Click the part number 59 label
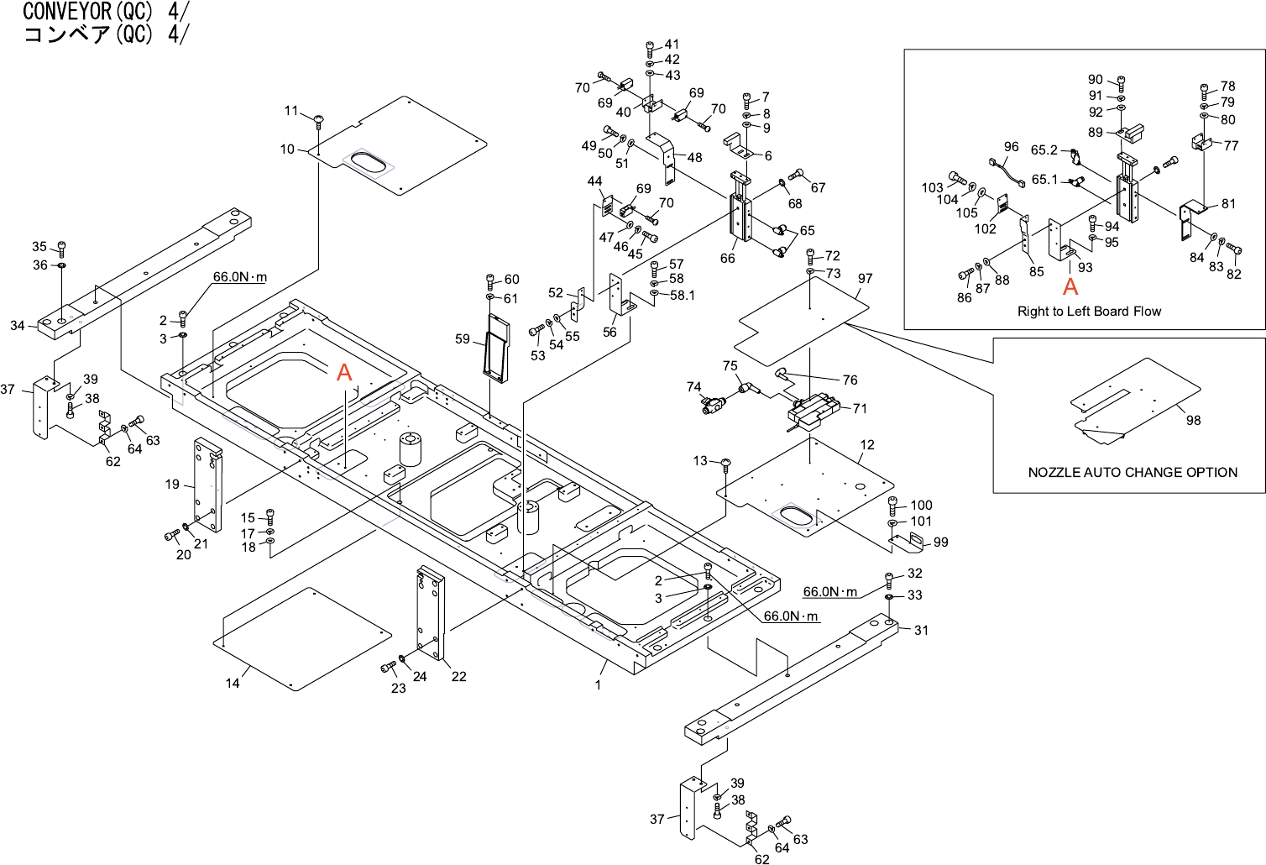click(x=463, y=339)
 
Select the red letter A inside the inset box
click(x=1070, y=287)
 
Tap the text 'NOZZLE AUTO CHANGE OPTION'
click(x=1133, y=473)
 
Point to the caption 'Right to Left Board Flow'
click(x=1089, y=312)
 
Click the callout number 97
click(x=866, y=279)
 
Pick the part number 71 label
click(x=860, y=409)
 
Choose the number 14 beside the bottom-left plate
click(x=233, y=684)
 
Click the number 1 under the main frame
click(x=599, y=685)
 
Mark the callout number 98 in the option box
click(x=1194, y=421)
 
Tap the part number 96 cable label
click(x=1012, y=147)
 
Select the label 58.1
click(x=683, y=296)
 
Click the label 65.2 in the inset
click(x=1044, y=150)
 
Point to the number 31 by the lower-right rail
click(x=922, y=631)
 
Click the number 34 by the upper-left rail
click(x=18, y=326)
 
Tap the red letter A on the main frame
click(x=344, y=372)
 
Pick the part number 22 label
click(x=459, y=677)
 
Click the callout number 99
click(x=941, y=543)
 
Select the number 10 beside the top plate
click(x=287, y=149)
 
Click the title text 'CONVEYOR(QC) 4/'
click(x=106, y=12)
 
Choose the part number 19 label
click(x=172, y=485)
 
